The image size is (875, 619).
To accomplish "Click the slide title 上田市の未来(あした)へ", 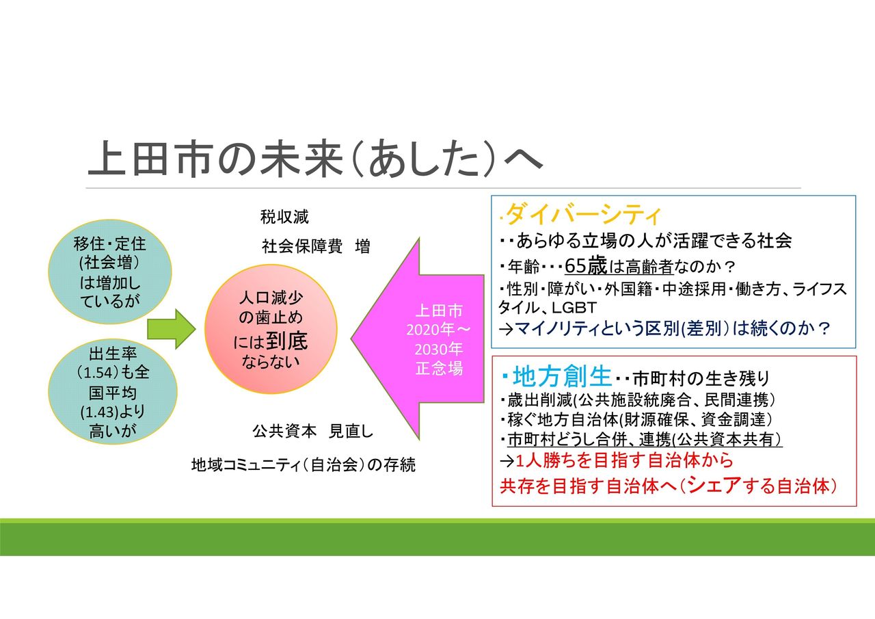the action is tap(315, 159).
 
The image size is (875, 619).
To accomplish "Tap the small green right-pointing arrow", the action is tap(171, 328).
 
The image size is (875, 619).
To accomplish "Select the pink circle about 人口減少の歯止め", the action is tap(271, 328).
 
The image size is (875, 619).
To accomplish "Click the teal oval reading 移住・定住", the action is tap(110, 272).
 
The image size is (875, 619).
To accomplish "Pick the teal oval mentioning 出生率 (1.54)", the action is tap(113, 392).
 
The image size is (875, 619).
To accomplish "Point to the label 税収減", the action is tap(284, 217).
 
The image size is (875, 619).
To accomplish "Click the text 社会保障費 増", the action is tap(316, 247).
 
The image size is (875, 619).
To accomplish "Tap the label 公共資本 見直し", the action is tap(312, 431).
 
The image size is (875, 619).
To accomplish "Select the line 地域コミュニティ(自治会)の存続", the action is tap(303, 465).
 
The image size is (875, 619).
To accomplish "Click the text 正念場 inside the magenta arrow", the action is tap(439, 369).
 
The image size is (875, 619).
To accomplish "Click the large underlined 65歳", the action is tap(586, 266).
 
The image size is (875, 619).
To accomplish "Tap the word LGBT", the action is tap(574, 308).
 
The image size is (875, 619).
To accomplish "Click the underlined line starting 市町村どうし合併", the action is tap(645, 440).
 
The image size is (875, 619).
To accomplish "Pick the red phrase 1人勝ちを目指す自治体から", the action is tap(624, 461).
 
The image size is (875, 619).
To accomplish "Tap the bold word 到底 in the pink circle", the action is tap(287, 341).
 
